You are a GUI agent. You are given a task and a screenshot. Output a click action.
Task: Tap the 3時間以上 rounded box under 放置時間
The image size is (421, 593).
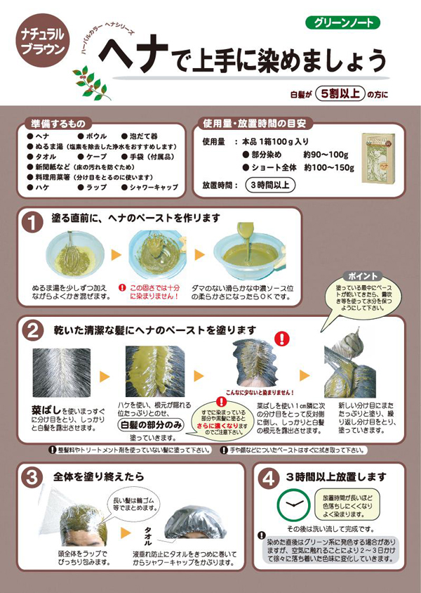269,186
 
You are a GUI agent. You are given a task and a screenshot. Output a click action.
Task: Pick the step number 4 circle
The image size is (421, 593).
268,478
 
